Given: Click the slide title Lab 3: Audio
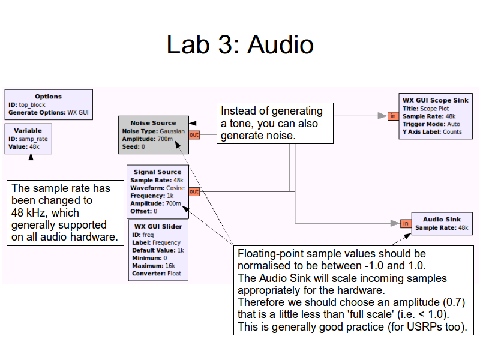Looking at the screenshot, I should (240, 46).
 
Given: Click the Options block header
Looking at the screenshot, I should (48, 97).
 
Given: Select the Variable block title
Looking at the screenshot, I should (28, 130).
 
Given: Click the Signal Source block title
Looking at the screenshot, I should (157, 172).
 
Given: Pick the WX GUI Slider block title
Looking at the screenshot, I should (158, 227).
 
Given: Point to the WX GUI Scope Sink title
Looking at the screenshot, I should (435, 100).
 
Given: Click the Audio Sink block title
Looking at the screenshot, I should (442, 220).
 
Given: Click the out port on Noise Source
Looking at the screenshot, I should (194, 135).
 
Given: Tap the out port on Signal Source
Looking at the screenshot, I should (194, 192).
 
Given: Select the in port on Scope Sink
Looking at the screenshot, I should (392, 116).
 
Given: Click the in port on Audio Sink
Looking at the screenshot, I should (406, 224).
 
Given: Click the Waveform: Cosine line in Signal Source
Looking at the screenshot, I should (157, 188).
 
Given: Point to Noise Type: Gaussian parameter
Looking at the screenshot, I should (153, 131).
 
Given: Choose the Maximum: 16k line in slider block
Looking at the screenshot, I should (152, 266).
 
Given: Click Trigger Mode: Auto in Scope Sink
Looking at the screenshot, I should (431, 124).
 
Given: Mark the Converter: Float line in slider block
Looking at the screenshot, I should (155, 274).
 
